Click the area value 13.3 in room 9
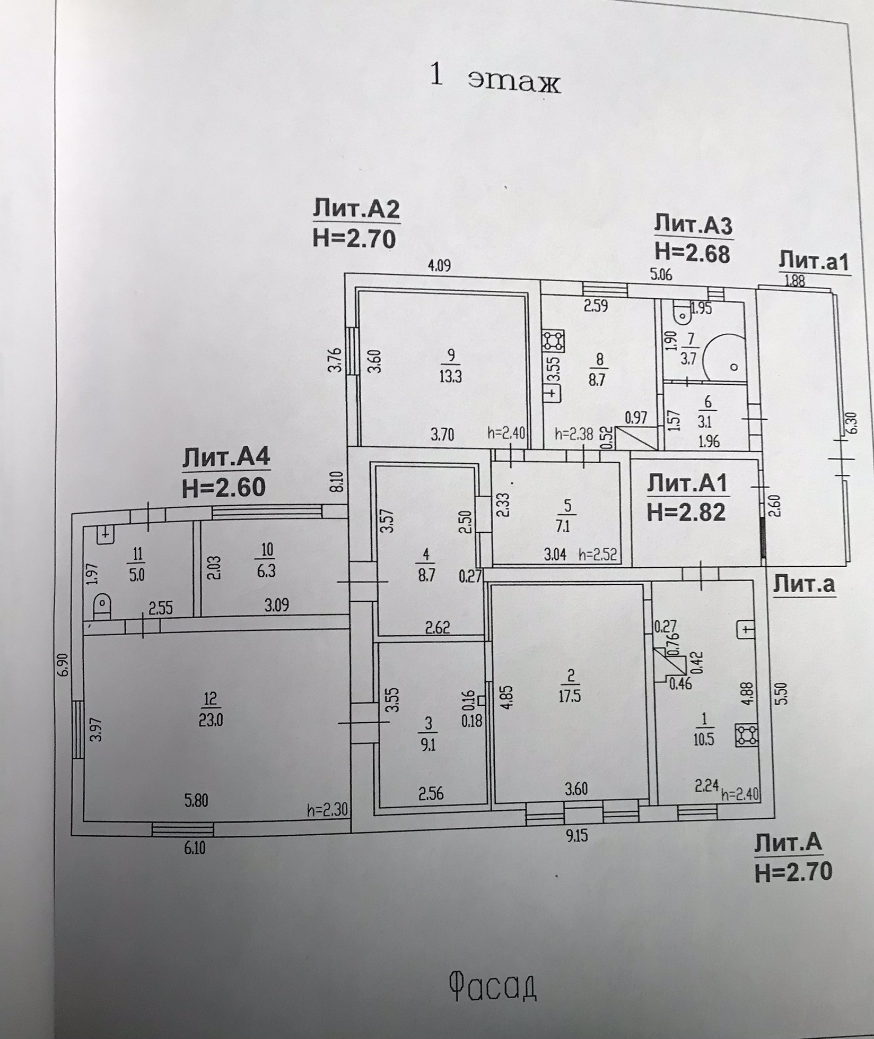click(451, 376)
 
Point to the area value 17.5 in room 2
click(571, 696)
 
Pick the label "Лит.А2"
click(355, 210)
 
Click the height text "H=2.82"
click(686, 513)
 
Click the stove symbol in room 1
click(746, 735)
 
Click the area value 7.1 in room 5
click(567, 528)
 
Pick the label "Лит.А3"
click(693, 226)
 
